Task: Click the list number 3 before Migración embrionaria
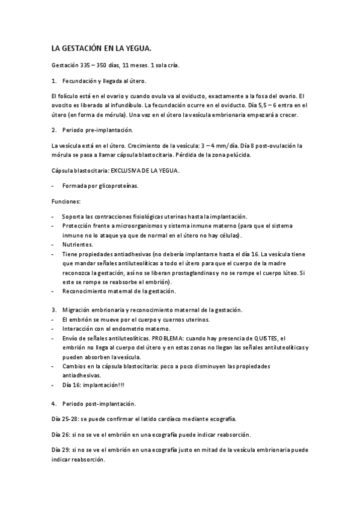[x=54, y=310]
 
